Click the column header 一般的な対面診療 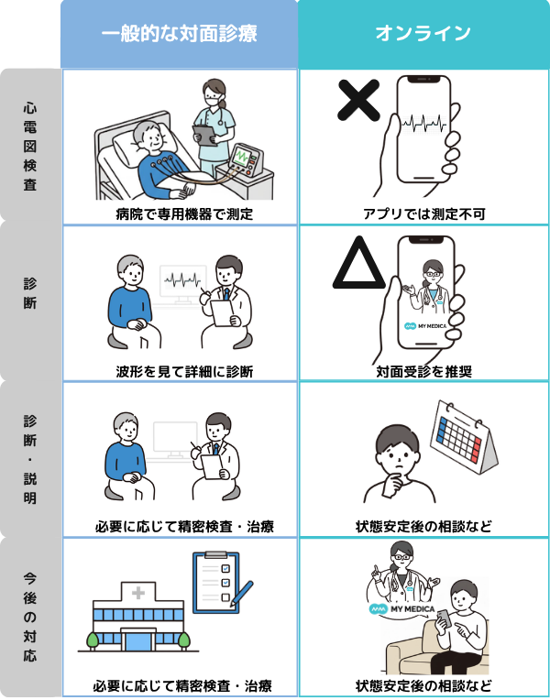coord(179,34)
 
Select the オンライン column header coord(423,34)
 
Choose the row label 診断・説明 coord(30,459)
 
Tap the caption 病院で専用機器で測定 coord(179,214)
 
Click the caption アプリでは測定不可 coord(423,214)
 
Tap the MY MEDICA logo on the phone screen coord(423,325)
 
